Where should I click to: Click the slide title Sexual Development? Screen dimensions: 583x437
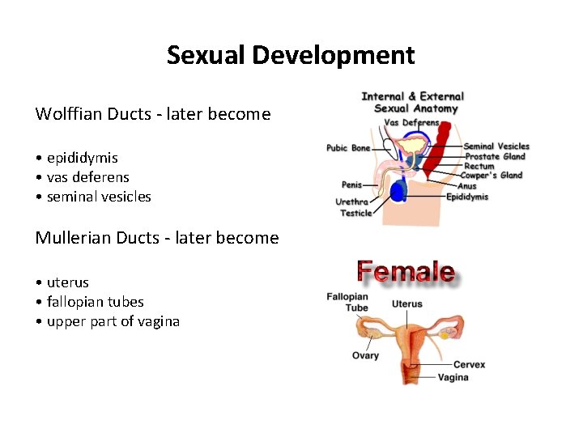point(291,55)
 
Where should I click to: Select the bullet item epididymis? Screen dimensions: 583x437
point(82,158)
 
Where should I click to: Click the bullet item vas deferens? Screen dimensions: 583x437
point(87,177)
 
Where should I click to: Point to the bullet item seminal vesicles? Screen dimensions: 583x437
point(99,197)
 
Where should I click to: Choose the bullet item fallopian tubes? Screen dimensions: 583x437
point(95,302)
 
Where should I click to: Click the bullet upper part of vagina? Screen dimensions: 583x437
point(113,321)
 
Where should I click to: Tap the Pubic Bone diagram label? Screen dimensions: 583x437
point(348,148)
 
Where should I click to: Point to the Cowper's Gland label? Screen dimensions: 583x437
point(492,176)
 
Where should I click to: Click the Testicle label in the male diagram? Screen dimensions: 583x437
point(356,213)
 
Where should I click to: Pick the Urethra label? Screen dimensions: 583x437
point(352,202)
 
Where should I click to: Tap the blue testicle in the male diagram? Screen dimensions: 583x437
point(398,191)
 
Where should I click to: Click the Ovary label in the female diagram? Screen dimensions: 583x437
point(365,356)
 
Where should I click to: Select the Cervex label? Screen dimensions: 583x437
point(469,365)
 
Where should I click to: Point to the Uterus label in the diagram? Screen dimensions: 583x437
point(407,304)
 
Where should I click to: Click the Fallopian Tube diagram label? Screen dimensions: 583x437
point(347,302)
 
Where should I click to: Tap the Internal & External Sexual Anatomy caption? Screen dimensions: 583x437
point(413,102)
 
